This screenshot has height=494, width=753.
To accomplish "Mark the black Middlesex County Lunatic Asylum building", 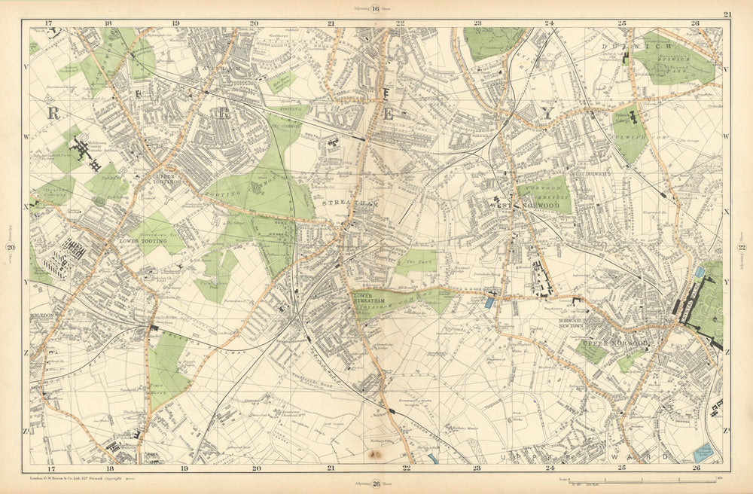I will pos(80,150).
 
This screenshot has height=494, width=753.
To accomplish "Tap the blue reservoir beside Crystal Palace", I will pos(700,271).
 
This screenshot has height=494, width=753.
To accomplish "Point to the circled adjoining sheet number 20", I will pos(11,249).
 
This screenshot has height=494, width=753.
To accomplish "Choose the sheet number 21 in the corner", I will pos(727,14).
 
